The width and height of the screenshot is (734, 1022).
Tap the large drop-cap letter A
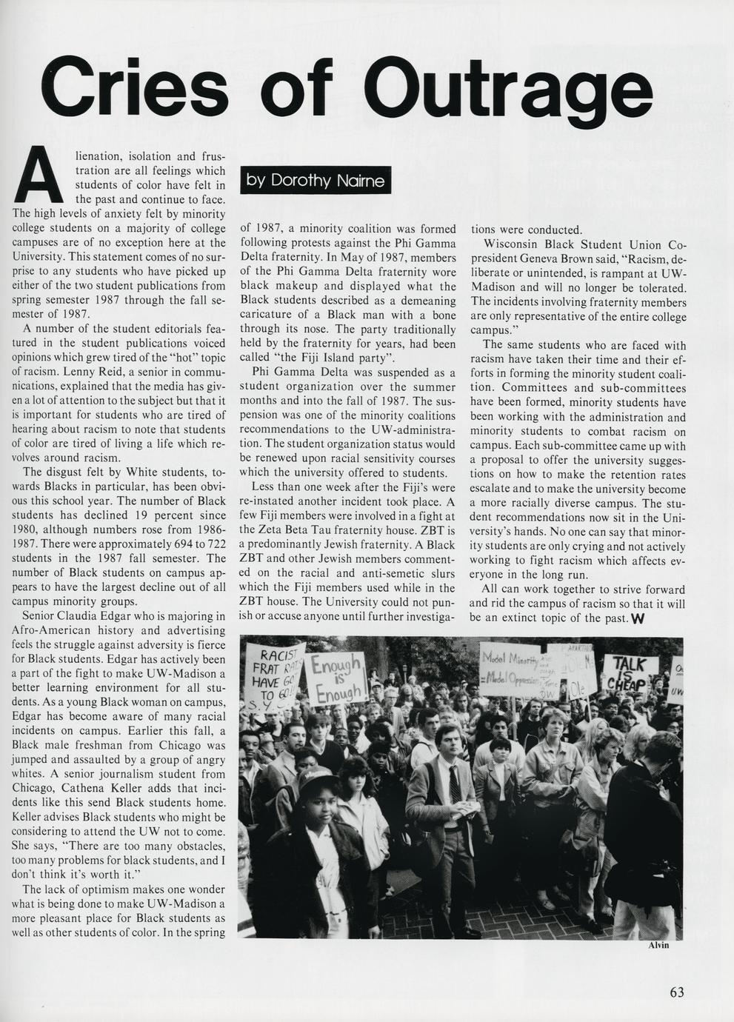click(39, 176)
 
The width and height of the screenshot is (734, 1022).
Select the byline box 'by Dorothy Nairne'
click(316, 181)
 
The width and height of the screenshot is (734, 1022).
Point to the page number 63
click(676, 992)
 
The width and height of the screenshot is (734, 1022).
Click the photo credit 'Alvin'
click(658, 946)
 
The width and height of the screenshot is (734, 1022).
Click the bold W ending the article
click(635, 618)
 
